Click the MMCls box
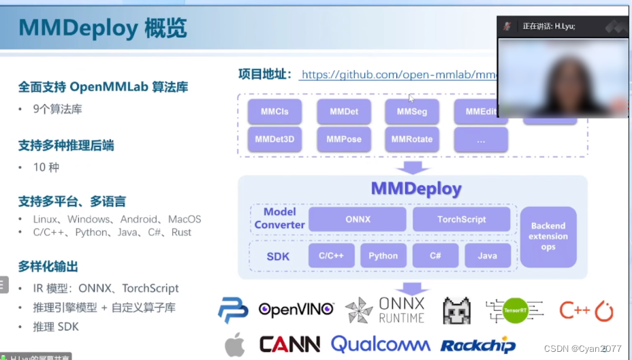(x=274, y=112)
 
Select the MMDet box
(x=344, y=112)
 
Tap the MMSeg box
(x=412, y=112)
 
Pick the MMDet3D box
(x=274, y=140)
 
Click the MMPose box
(x=344, y=140)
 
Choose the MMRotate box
(x=412, y=140)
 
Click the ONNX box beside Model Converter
(x=357, y=219)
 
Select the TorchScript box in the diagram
(x=462, y=219)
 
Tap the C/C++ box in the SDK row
(x=331, y=256)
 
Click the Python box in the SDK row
(x=383, y=256)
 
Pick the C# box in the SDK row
(x=434, y=256)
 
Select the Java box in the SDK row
(x=488, y=256)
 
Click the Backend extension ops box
(x=548, y=236)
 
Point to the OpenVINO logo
(x=296, y=310)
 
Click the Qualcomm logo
(x=381, y=344)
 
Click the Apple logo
(x=234, y=344)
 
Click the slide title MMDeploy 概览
(x=102, y=29)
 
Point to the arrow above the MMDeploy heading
(x=413, y=167)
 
